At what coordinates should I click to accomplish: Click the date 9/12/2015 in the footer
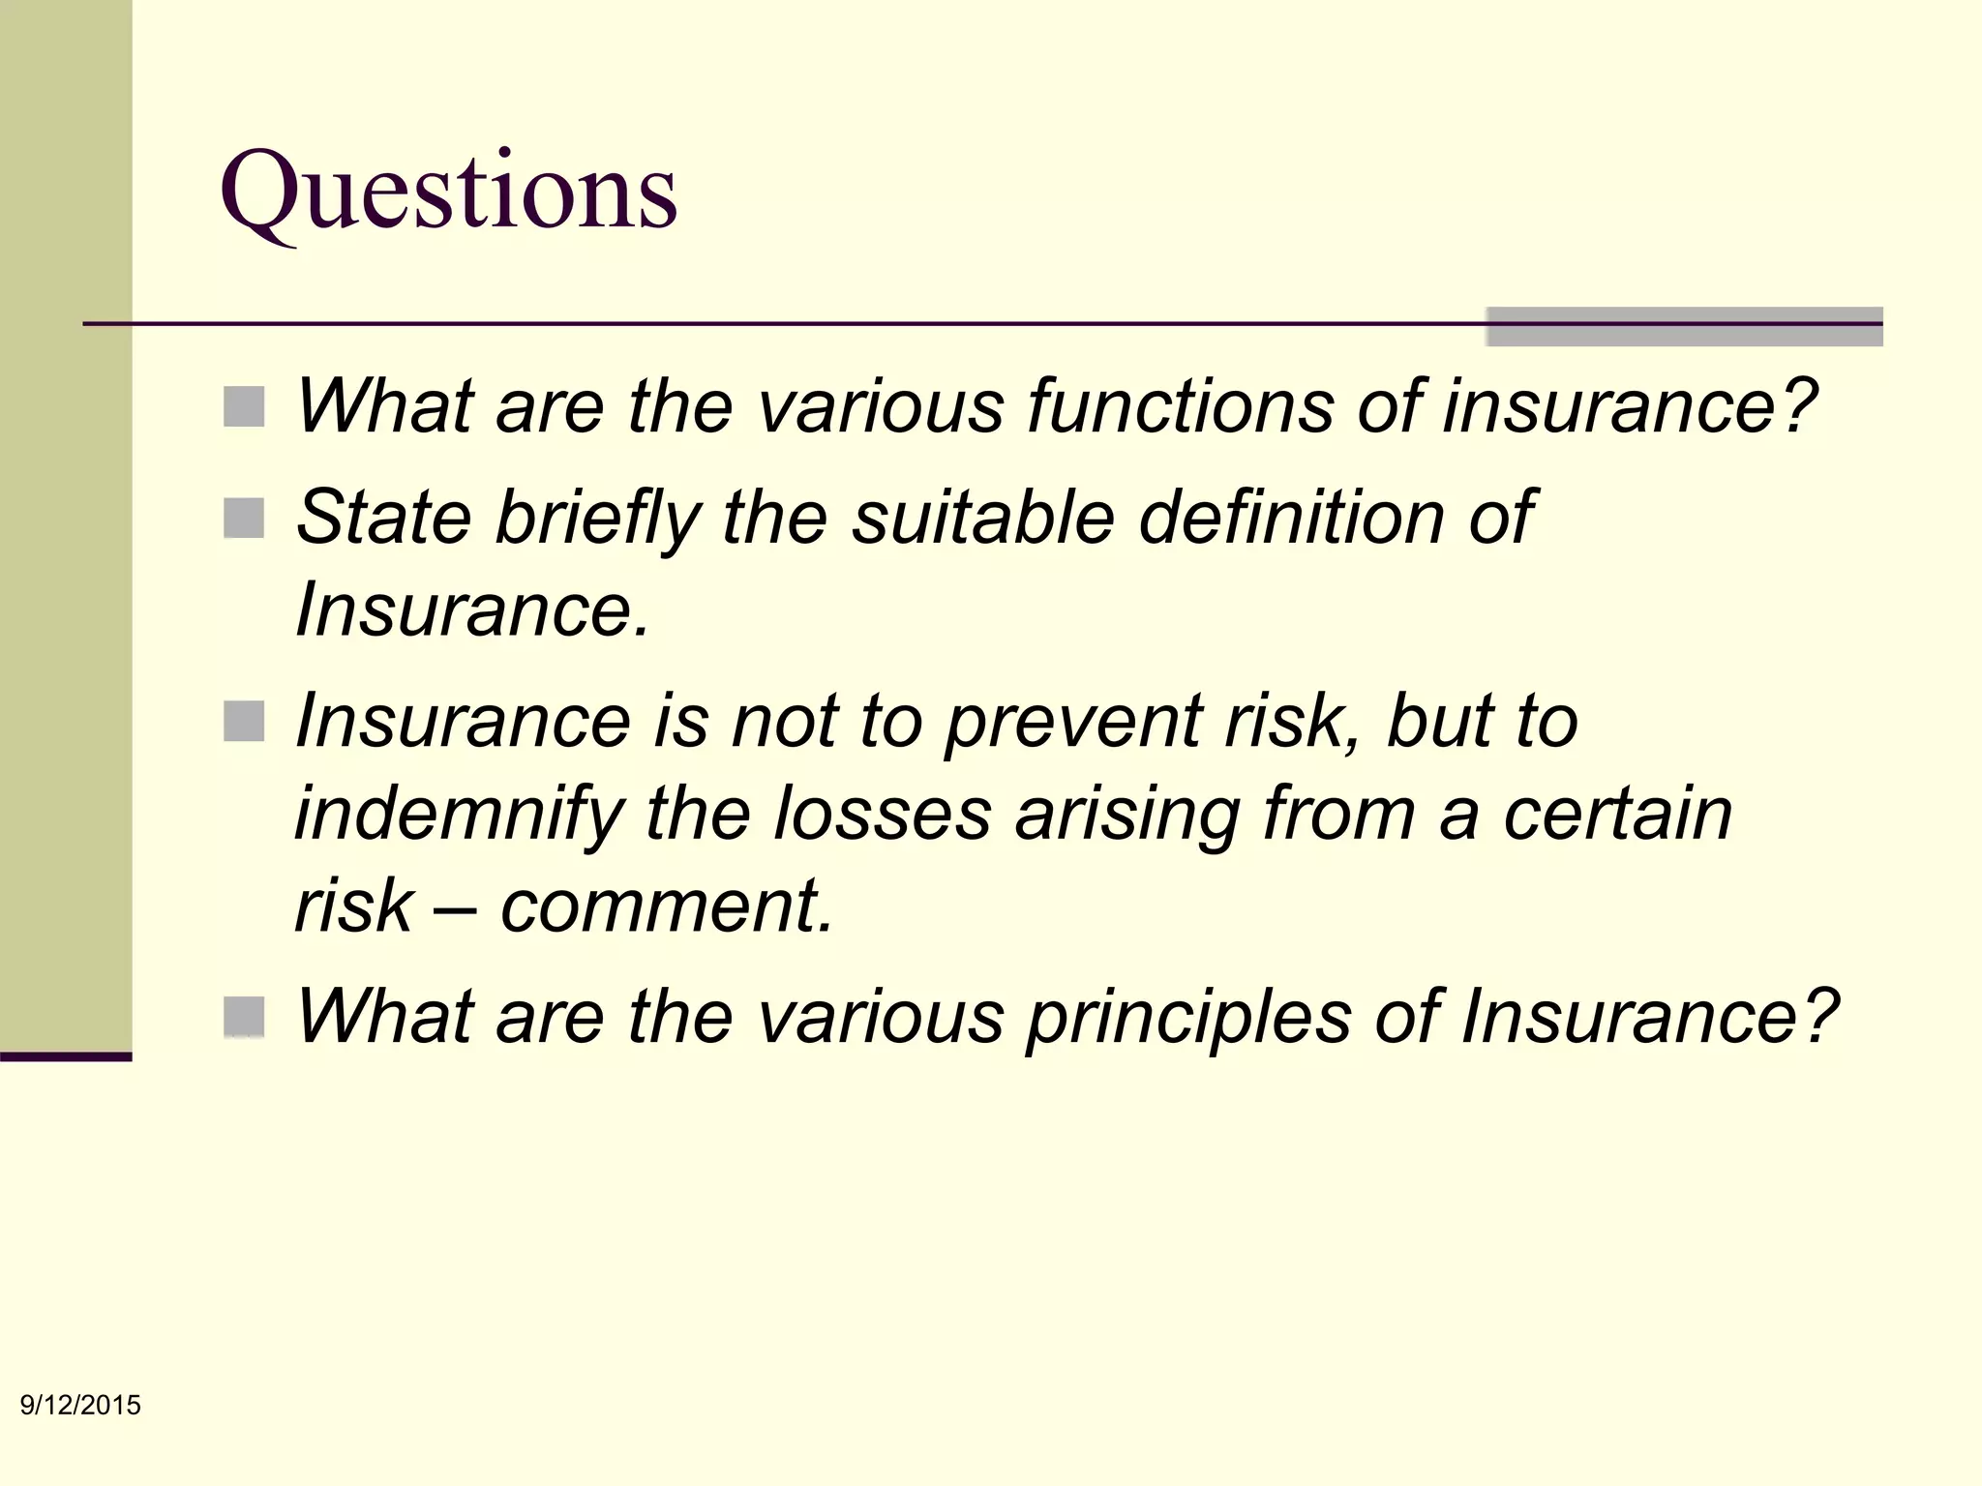81,1405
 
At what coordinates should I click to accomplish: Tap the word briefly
598,519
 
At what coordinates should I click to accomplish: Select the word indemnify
459,815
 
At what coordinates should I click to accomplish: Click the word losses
883,814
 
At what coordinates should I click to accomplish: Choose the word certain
1616,814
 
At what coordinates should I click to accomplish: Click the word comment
666,906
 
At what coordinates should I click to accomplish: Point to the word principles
1189,1017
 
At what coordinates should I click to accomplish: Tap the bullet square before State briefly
244,519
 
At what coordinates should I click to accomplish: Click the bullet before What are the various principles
244,1017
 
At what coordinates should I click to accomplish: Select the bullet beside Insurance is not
244,722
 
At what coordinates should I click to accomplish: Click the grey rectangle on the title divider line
1684,326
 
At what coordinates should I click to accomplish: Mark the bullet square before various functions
244,407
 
